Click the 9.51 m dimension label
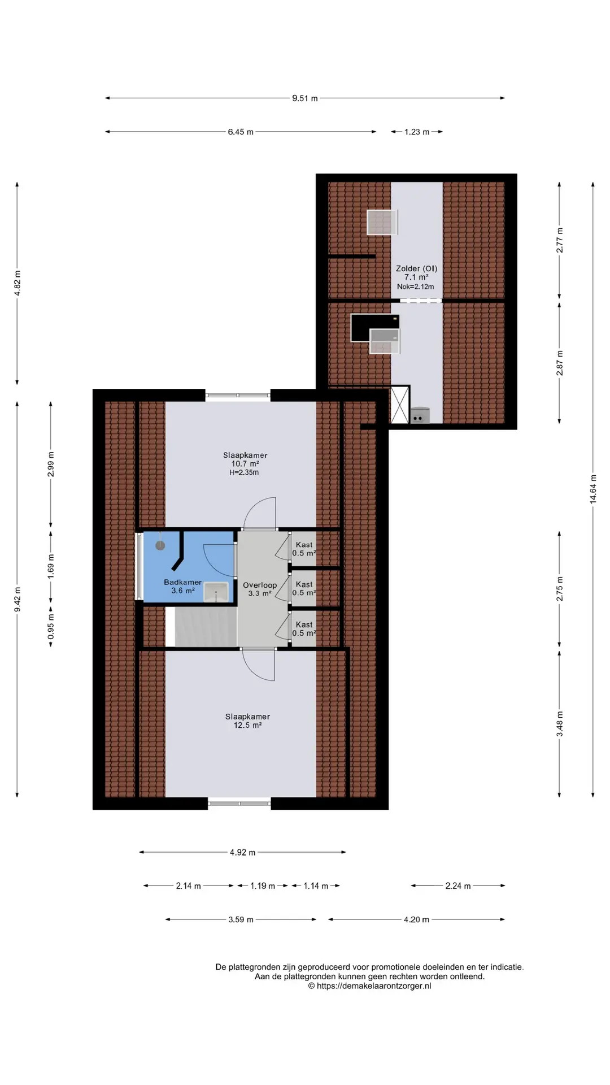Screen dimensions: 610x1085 (305, 98)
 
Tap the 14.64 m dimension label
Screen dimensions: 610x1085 (593, 489)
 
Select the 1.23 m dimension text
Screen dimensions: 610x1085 (417, 132)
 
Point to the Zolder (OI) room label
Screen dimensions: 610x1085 (416, 268)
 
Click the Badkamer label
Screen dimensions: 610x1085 (182, 582)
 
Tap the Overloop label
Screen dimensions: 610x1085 (260, 585)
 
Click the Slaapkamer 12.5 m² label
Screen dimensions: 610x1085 (247, 721)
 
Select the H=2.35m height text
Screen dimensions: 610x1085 (244, 472)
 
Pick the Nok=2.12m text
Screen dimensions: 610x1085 (416, 287)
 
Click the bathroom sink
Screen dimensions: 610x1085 (216, 592)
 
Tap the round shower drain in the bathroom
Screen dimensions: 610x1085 (160, 545)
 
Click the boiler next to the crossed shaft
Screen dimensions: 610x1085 (420, 415)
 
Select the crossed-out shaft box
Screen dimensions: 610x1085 (399, 405)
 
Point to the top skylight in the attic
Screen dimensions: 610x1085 (381, 222)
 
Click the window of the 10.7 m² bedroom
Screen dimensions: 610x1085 (238, 396)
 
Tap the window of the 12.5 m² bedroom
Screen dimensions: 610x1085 (239, 803)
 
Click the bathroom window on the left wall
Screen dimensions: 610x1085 (138, 566)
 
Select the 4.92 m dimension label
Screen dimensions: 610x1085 (242, 852)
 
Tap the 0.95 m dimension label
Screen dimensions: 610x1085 (51, 627)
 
